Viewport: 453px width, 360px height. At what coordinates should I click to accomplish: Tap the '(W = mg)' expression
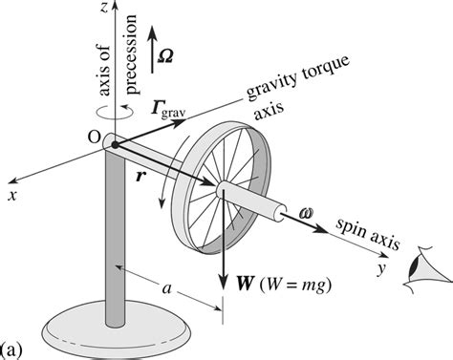[291, 284]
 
